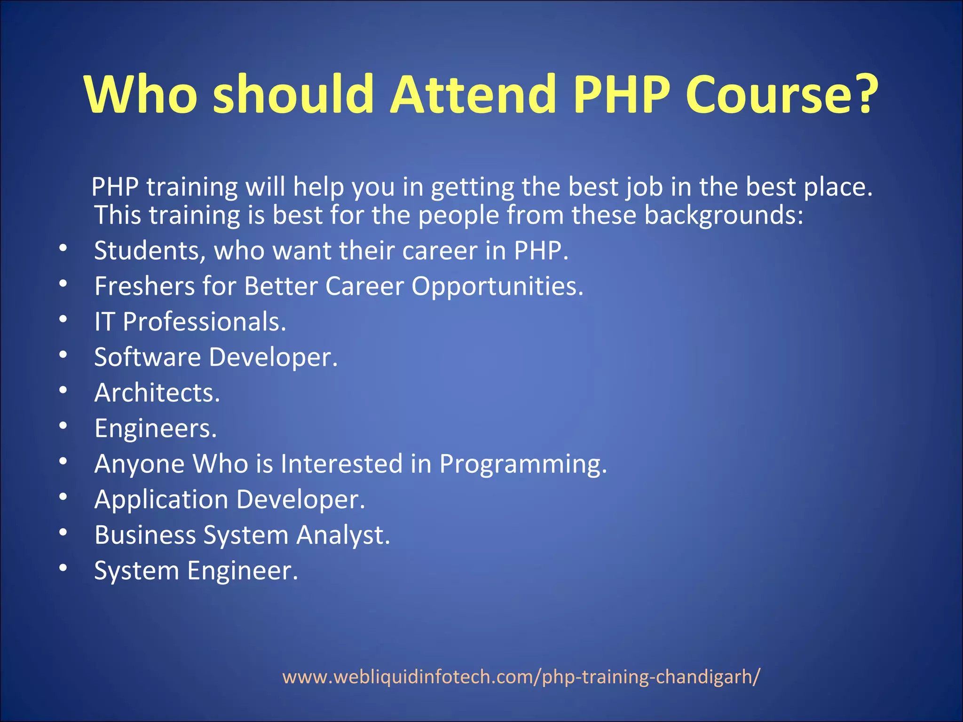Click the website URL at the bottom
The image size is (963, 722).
pyautogui.click(x=521, y=677)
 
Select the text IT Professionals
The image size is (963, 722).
pyautogui.click(x=190, y=322)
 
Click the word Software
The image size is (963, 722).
pyautogui.click(x=147, y=357)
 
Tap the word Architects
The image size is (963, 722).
pyautogui.click(x=157, y=393)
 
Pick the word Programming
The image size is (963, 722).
pyautogui.click(x=522, y=464)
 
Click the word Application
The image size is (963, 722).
pyautogui.click(x=161, y=500)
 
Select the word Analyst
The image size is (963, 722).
pyautogui.click(x=343, y=535)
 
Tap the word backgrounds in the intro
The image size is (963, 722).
pyautogui.click(x=723, y=215)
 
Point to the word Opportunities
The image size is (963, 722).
pyautogui.click(x=497, y=286)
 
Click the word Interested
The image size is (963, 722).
pyautogui.click(x=341, y=464)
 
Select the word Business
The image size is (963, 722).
pyautogui.click(x=144, y=535)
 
